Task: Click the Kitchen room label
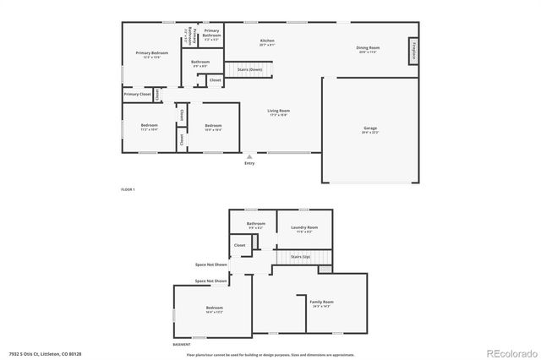coord(267,41)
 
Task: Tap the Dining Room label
coord(368,48)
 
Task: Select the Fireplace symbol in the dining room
coord(413,50)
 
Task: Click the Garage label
coord(370,128)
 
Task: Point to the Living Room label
coord(279,111)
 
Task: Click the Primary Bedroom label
coord(153,53)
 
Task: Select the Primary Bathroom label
coord(211,33)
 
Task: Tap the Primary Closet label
coord(137,94)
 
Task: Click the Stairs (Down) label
coord(249,68)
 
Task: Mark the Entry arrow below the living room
coord(249,157)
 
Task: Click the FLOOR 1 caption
coord(128,189)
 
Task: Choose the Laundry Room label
coord(303,227)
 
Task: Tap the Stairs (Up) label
coord(300,255)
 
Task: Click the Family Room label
coord(321,302)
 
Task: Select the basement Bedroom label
coord(215,308)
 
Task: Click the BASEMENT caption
coord(181,345)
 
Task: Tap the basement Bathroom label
coord(255,224)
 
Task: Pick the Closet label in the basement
coord(239,245)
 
